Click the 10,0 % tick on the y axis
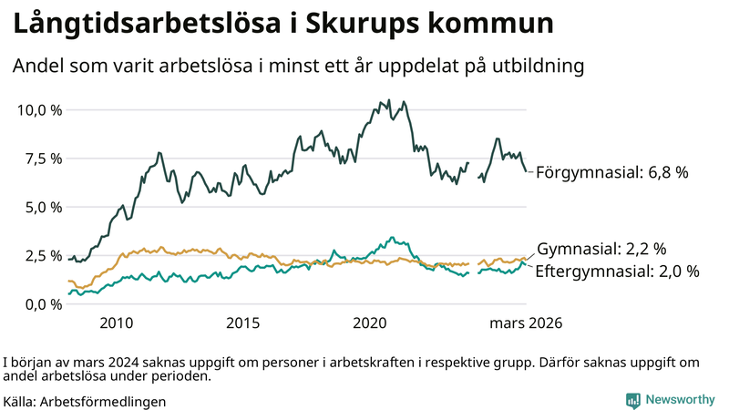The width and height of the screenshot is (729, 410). (39, 110)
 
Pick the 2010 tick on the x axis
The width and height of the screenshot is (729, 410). (117, 323)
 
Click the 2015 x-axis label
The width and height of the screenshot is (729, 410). (243, 323)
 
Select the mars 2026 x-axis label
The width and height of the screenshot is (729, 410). (526, 323)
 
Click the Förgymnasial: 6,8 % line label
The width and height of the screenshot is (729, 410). (611, 171)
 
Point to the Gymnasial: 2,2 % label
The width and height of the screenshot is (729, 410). (601, 248)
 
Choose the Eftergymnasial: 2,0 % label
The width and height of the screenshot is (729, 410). (617, 271)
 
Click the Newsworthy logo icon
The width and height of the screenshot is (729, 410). (632, 399)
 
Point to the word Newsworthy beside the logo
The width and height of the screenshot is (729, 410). (679, 399)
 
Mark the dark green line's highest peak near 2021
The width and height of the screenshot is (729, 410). (389, 100)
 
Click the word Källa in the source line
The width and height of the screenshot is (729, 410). (20, 401)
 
